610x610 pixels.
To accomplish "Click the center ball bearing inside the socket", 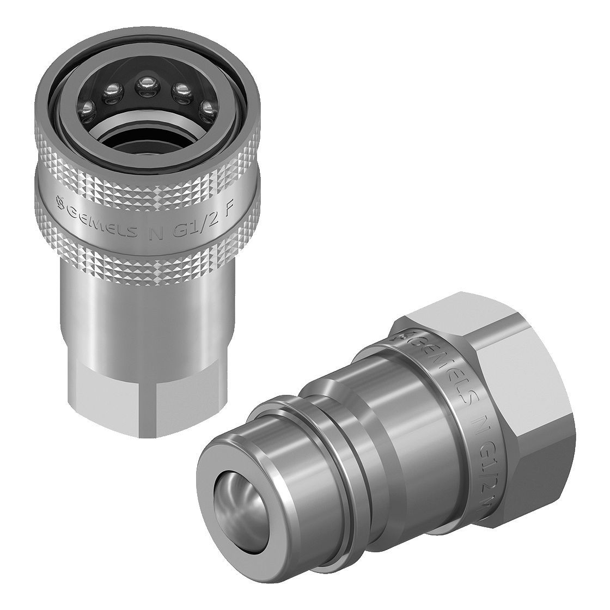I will point(145,86).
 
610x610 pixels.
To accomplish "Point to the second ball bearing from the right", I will point(179,90).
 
